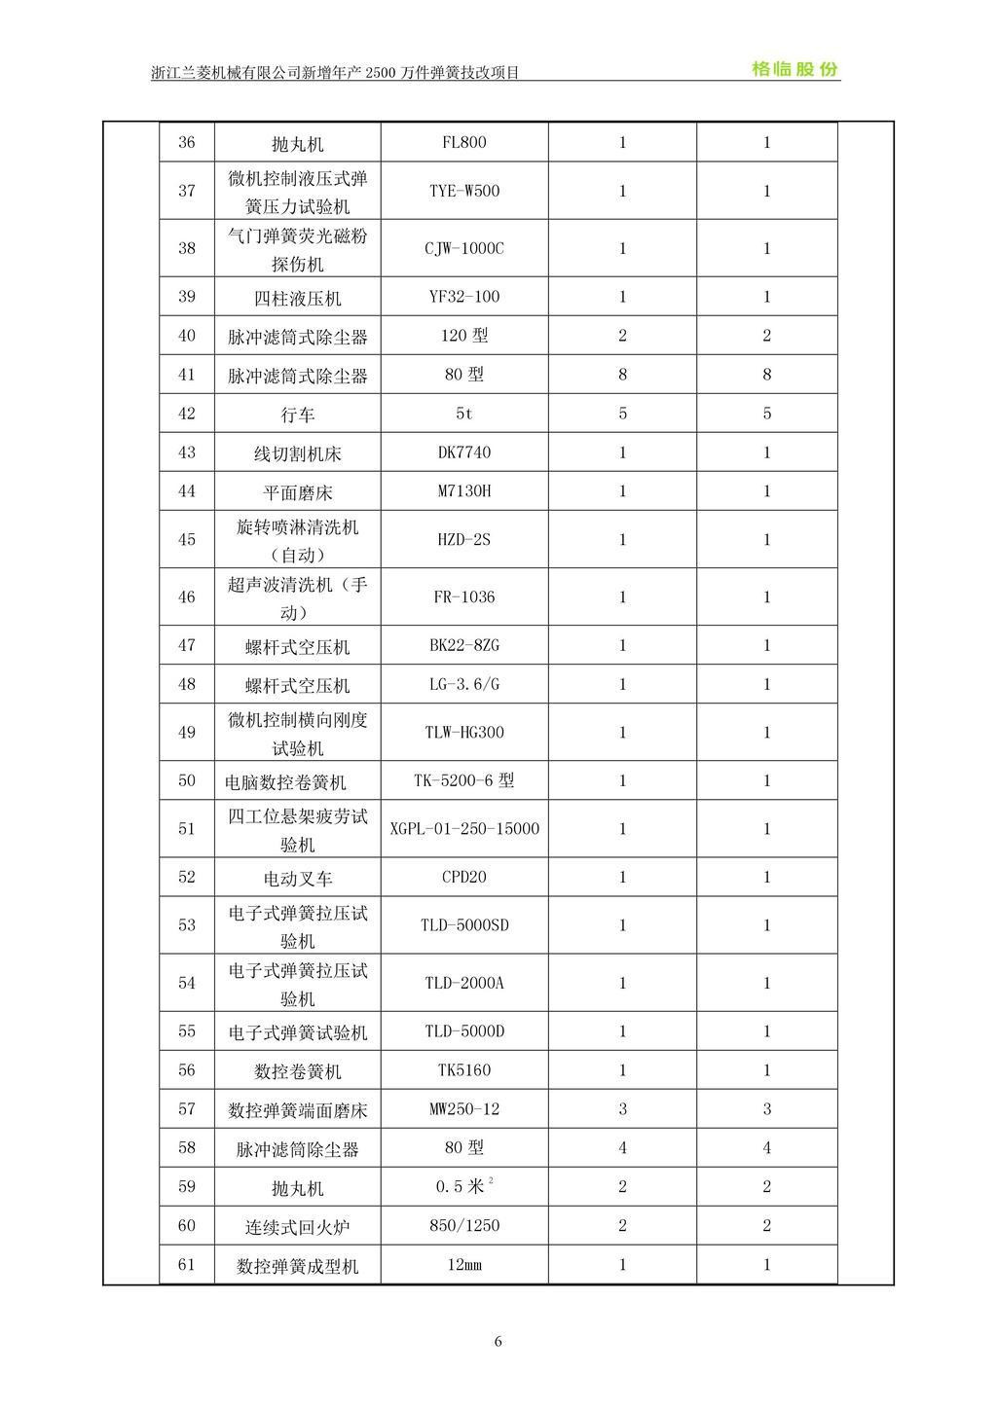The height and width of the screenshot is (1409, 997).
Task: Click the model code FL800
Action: click(x=463, y=143)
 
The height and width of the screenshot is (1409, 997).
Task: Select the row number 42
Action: click(x=187, y=414)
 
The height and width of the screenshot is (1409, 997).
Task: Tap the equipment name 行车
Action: click(x=297, y=415)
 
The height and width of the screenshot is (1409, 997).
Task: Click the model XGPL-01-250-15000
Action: click(x=463, y=829)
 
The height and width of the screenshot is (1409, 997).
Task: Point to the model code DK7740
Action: click(x=463, y=452)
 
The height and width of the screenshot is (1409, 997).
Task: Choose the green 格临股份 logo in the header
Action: click(x=794, y=69)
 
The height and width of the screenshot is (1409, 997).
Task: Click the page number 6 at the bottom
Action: click(x=498, y=1342)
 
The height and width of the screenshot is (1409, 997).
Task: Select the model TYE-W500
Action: click(x=463, y=191)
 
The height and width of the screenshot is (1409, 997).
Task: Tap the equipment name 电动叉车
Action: click(x=297, y=879)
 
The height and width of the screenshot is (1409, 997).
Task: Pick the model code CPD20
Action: click(x=463, y=877)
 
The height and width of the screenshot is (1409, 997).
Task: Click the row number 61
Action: click(x=187, y=1265)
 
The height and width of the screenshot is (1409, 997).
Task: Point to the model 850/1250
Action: click(x=463, y=1226)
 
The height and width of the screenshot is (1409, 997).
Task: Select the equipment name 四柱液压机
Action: click(x=297, y=299)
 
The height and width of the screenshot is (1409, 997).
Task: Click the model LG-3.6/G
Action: click(x=463, y=684)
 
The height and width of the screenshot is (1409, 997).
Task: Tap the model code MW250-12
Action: click(x=463, y=1109)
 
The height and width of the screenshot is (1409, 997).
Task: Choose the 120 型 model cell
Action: click(x=463, y=336)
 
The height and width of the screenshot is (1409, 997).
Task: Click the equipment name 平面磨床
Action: click(x=297, y=492)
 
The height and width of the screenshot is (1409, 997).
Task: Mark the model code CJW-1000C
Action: click(x=463, y=248)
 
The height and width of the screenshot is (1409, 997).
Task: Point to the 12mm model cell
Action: click(x=463, y=1265)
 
